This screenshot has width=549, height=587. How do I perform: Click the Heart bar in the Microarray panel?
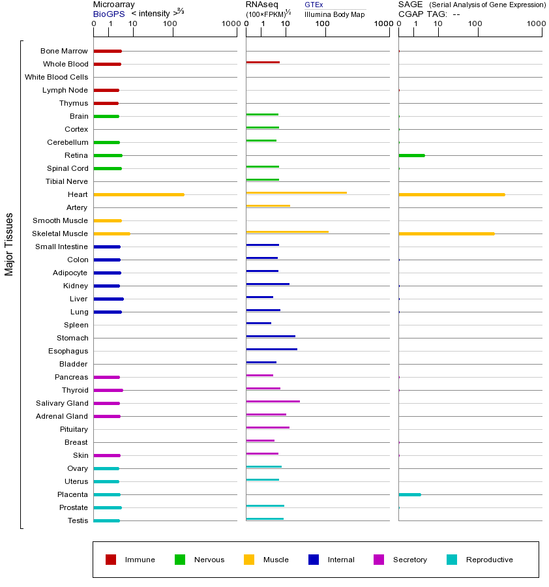click(x=139, y=194)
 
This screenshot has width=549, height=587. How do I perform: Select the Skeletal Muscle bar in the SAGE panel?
click(x=447, y=233)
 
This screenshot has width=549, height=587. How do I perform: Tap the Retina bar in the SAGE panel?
click(x=411, y=155)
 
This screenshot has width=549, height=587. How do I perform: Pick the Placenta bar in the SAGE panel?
click(x=409, y=494)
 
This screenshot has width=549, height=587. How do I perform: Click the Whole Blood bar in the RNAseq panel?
click(x=263, y=63)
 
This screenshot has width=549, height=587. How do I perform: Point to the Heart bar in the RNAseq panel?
click(x=296, y=192)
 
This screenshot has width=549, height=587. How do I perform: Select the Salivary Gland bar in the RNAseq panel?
click(x=273, y=401)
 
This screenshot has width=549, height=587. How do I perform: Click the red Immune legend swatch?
click(x=111, y=560)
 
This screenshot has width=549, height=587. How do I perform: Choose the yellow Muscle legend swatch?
click(x=249, y=560)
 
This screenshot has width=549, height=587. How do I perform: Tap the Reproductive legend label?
click(x=489, y=560)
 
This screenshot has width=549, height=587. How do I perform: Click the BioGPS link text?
click(x=109, y=14)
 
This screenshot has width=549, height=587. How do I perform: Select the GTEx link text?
click(x=314, y=5)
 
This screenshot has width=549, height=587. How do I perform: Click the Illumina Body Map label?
click(x=334, y=14)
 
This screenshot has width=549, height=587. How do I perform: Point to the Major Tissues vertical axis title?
click(x=9, y=244)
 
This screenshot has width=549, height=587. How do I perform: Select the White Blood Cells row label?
click(x=56, y=77)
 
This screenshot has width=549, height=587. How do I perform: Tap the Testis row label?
click(x=78, y=520)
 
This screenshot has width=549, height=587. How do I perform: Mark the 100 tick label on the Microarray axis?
click(x=170, y=24)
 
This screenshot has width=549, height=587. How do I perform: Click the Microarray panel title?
click(x=114, y=5)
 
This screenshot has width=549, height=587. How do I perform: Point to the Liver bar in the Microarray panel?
click(x=108, y=299)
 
